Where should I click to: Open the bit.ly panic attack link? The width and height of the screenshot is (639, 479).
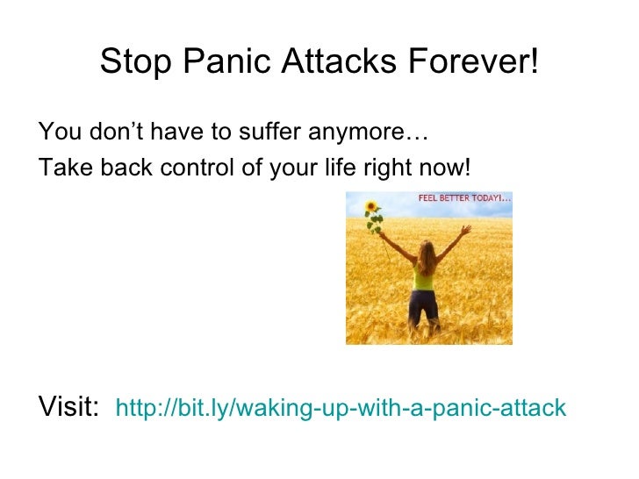click(x=341, y=408)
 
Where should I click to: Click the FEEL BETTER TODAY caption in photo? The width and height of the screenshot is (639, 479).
click(x=463, y=199)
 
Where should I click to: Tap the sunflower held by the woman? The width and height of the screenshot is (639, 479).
click(x=372, y=211)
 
